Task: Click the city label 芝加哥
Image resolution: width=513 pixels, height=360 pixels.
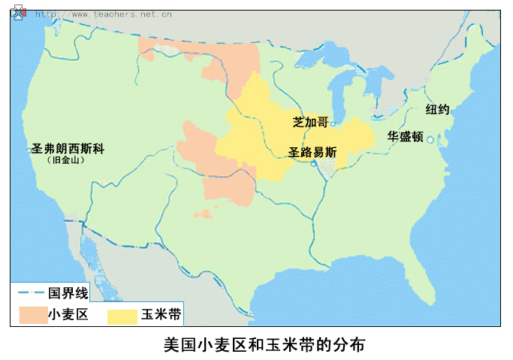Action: click(310, 122)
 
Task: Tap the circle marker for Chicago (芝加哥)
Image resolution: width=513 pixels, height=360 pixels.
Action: click(333, 123)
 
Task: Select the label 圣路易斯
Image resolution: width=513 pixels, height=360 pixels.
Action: click(312, 151)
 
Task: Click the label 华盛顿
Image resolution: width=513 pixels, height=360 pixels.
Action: click(406, 137)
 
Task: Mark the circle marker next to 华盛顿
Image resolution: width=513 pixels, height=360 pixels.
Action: click(430, 139)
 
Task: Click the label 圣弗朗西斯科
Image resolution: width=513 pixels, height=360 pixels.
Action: click(68, 149)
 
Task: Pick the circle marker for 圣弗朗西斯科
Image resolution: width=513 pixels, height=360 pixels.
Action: click(29, 150)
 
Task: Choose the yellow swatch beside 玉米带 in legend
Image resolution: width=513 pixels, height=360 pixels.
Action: click(122, 314)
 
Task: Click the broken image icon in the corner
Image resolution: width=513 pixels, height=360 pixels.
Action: click(18, 13)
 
